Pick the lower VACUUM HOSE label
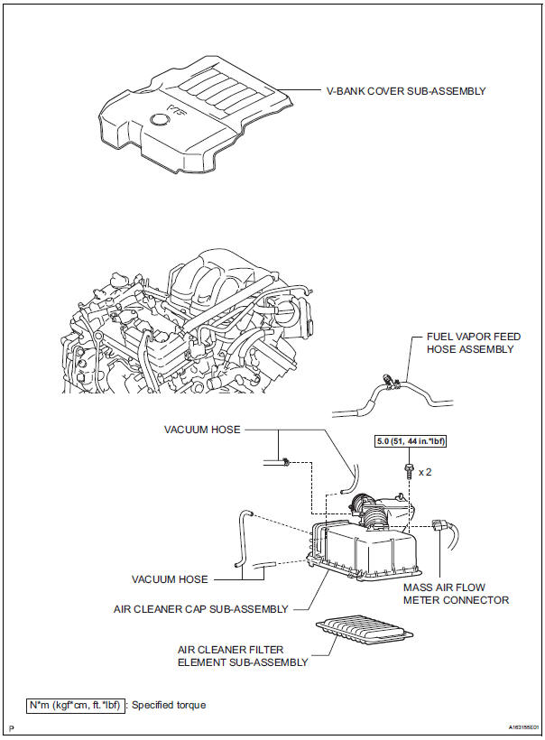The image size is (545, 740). [171, 579]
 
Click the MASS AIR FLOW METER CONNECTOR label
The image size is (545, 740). [456, 593]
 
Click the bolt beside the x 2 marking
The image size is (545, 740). [408, 469]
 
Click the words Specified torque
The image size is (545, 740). [169, 705]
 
